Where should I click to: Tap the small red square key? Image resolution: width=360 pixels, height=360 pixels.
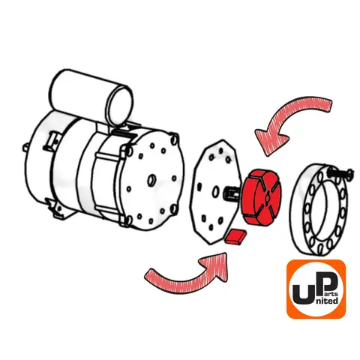tap(235, 236)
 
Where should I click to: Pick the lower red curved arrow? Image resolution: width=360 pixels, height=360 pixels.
tap(190, 277)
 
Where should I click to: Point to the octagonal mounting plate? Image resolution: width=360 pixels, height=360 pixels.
tap(215, 191)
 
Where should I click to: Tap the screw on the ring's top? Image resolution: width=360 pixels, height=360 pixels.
tap(340, 172)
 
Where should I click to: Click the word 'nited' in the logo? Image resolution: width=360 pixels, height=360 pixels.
tap(327, 300)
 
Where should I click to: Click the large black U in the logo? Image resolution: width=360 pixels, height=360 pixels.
tap(303, 295)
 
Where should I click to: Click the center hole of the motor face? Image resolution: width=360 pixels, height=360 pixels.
tap(151, 180)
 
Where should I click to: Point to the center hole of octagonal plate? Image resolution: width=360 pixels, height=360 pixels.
tap(215, 192)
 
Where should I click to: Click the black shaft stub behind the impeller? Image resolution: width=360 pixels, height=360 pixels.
tap(233, 193)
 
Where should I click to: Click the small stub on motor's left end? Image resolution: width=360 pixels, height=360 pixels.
tap(25, 147)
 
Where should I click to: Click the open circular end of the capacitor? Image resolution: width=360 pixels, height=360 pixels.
tap(120, 106)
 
